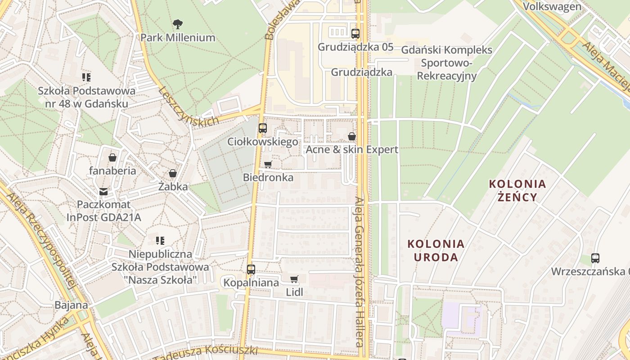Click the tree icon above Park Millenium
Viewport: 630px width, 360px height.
tap(178, 24)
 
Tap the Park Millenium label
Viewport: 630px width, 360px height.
tap(178, 38)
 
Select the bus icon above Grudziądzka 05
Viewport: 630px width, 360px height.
tap(355, 33)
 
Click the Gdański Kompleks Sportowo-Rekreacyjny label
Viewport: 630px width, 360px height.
tap(446, 63)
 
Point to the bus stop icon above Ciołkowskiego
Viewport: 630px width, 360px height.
tap(263, 128)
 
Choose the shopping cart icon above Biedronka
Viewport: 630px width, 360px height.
tap(268, 164)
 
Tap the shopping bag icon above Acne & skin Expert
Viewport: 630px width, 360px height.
tap(352, 136)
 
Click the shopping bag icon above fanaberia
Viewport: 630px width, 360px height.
tap(112, 157)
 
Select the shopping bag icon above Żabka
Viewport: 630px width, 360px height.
tap(172, 173)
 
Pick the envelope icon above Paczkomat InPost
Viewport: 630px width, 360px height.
tap(103, 192)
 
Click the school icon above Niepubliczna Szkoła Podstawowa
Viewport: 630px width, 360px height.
tap(160, 241)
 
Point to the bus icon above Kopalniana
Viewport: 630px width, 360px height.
tap(251, 270)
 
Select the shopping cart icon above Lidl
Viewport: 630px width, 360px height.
tap(294, 279)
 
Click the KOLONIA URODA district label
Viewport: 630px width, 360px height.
tap(436, 251)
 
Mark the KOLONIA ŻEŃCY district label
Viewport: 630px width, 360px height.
tap(517, 190)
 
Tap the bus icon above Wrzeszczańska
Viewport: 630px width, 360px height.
tap(595, 258)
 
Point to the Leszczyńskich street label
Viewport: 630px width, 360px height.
tap(189, 106)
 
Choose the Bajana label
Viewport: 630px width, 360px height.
tap(71, 305)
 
